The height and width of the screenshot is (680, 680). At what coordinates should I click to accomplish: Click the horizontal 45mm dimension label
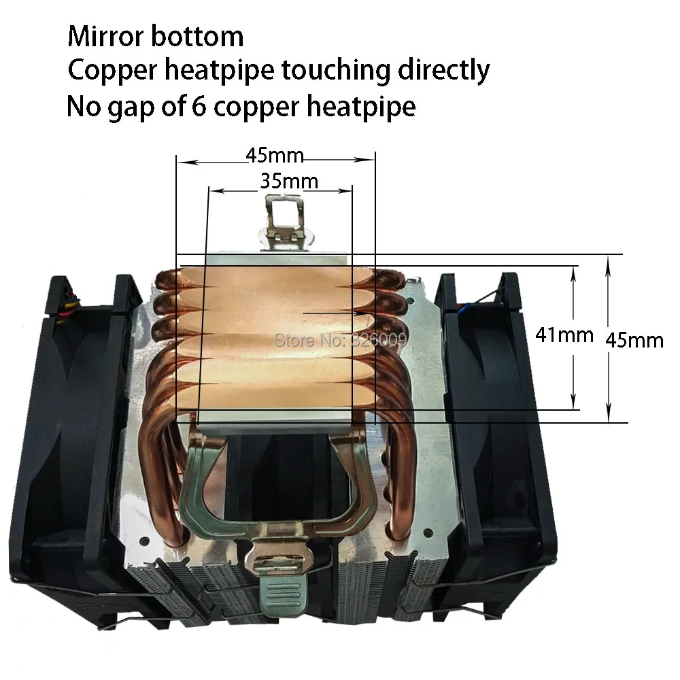click(x=275, y=156)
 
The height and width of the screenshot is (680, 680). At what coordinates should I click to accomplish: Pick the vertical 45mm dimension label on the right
click(x=634, y=339)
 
